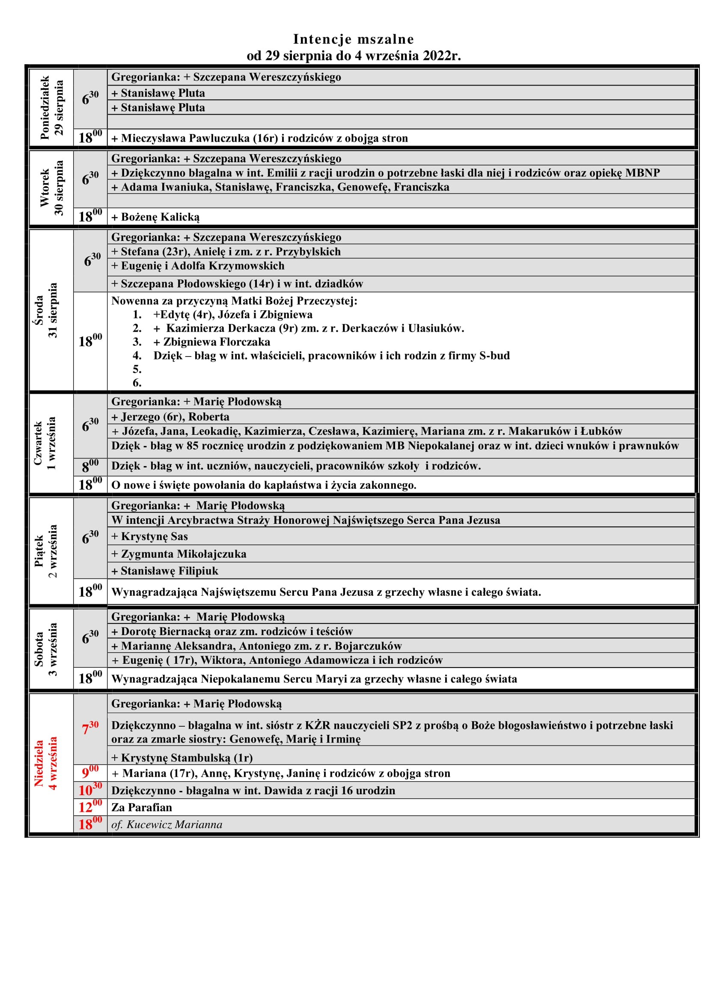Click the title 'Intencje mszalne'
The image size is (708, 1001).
coord(353,39)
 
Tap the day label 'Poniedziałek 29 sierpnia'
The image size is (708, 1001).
coord(51,108)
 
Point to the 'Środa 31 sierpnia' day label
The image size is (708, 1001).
coord(46,310)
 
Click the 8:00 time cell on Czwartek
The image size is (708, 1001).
coord(90,466)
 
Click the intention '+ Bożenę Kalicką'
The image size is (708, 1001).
coord(156,217)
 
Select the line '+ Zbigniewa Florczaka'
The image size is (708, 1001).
coord(212,342)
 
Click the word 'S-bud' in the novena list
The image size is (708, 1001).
coord(494,356)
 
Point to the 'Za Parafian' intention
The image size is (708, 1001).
coord(142,808)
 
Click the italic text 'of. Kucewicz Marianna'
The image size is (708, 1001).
coord(167,824)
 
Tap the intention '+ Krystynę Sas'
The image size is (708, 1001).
coord(150,537)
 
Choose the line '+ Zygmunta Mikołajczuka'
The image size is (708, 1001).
coord(179,554)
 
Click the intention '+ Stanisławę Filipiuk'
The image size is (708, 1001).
coord(165,571)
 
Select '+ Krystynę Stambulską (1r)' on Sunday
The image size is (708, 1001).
coord(182,758)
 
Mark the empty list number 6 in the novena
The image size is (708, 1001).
coord(137,383)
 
